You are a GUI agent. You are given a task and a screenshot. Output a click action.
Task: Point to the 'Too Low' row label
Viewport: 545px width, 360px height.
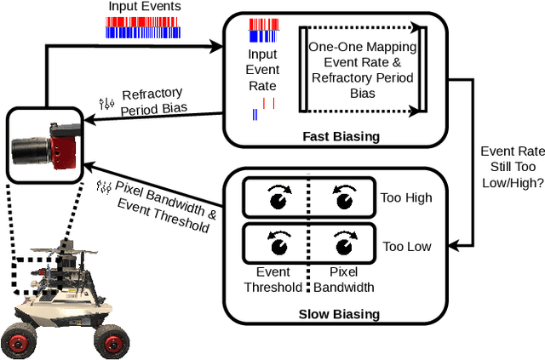pos(406,247)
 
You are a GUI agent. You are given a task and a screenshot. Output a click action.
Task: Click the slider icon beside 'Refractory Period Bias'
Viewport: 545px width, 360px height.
pos(106,103)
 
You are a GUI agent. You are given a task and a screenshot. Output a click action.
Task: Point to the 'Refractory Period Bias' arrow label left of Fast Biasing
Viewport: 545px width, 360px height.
pos(153,101)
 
